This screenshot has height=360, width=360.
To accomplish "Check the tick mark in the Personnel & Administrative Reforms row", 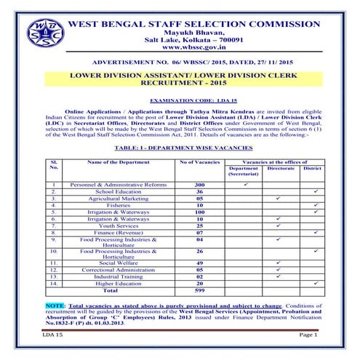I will click(x=247, y=184).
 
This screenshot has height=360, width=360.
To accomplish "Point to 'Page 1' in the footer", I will click(x=308, y=334).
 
